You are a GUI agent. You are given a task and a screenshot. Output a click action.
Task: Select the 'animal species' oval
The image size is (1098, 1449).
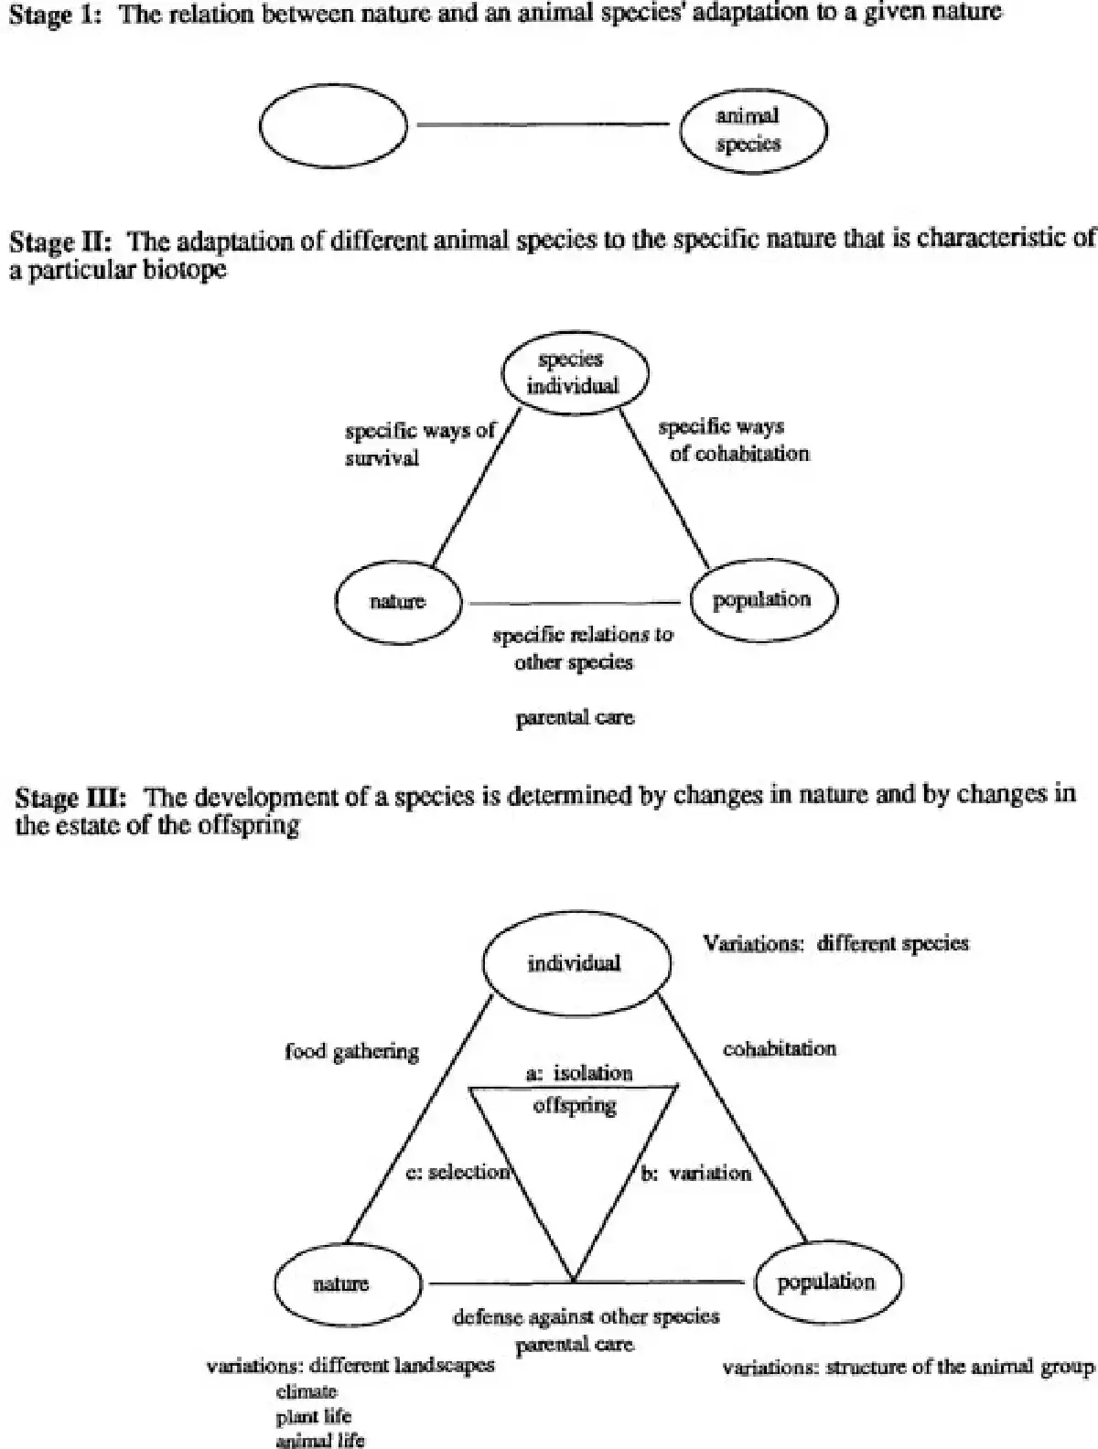point(752,130)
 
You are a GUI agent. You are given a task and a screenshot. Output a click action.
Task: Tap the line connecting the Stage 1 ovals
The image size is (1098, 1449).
point(542,123)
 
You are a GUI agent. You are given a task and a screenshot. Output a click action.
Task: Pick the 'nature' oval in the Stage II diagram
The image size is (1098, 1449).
point(398,602)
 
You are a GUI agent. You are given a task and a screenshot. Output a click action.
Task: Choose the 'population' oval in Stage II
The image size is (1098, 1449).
point(761,600)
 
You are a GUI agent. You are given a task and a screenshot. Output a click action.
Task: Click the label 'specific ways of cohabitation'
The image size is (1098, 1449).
point(732,440)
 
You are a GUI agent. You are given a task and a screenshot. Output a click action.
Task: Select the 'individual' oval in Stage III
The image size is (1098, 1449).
point(576,962)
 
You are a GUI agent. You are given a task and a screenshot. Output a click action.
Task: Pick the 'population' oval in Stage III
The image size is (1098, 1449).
point(825,1283)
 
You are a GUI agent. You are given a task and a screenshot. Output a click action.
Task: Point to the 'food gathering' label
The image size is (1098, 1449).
point(352,1052)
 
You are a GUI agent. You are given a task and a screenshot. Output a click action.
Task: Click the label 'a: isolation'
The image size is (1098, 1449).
point(579,1072)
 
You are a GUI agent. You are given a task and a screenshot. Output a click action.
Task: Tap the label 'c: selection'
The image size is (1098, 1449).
point(457,1172)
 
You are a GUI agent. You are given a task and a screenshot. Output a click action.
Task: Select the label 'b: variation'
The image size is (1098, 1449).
point(695,1173)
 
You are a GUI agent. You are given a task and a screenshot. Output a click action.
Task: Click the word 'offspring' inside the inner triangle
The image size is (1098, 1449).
point(575,1105)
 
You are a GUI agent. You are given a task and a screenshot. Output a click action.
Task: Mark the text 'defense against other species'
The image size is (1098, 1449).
point(587,1317)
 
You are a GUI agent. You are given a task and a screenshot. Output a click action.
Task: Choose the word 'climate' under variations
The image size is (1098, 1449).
point(307,1391)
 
